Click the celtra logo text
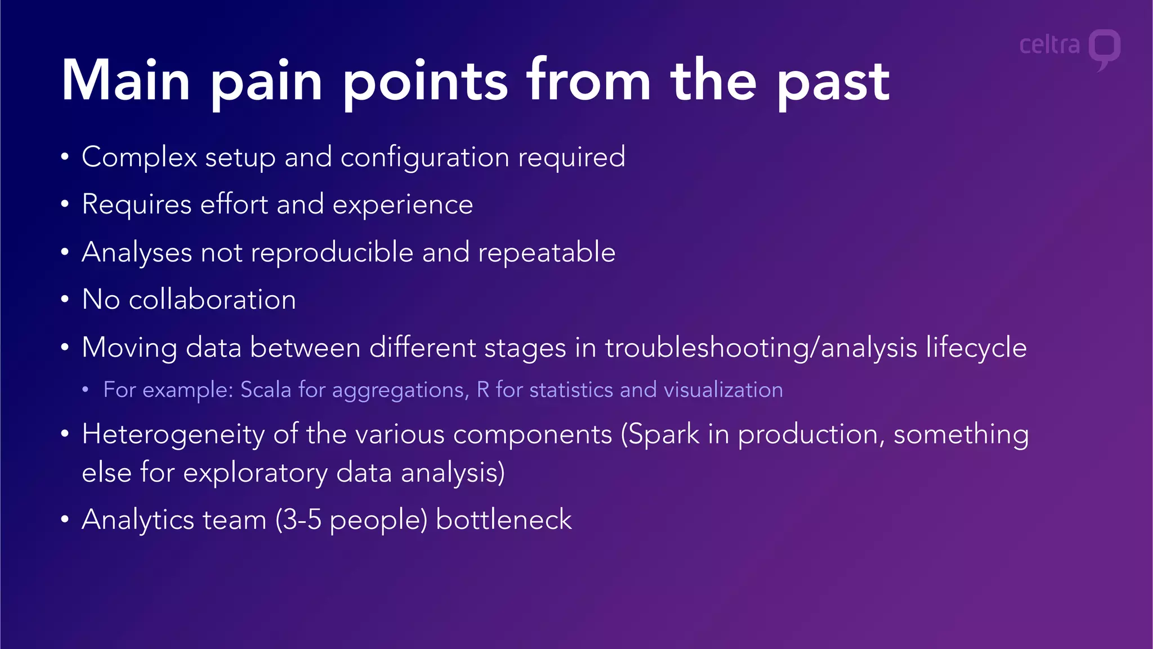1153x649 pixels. pyautogui.click(x=1049, y=45)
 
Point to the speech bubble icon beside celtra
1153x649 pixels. pyautogui.click(x=1104, y=48)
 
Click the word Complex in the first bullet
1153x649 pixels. pyautogui.click(x=139, y=157)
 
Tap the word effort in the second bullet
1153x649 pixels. pyautogui.click(x=234, y=204)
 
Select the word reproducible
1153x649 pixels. pyautogui.click(x=332, y=252)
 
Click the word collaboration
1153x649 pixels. pyautogui.click(x=212, y=299)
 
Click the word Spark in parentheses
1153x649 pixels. pyautogui.click(x=660, y=435)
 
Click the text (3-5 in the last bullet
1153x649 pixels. pyautogui.click(x=298, y=519)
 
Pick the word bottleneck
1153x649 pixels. pyautogui.click(x=503, y=519)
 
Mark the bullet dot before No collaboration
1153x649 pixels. pyautogui.click(x=65, y=300)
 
